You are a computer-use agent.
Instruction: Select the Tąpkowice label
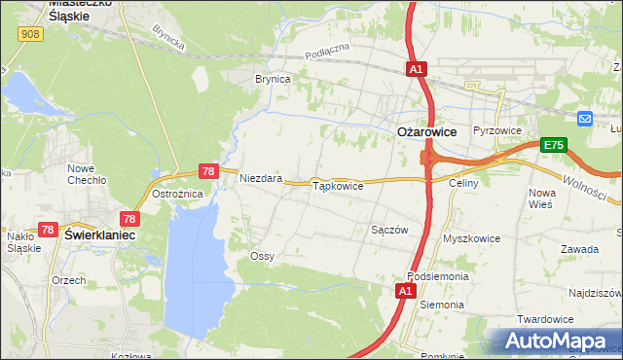point(337,185)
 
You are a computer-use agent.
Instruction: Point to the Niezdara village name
point(261,179)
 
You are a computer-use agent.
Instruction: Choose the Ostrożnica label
point(177,194)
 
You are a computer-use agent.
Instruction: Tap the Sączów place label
point(389,230)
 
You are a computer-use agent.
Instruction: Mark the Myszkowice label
point(471,238)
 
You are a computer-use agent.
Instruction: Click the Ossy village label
point(262,256)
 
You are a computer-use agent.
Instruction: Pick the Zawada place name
point(579,249)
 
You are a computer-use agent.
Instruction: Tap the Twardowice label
point(569,319)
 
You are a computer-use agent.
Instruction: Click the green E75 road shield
point(554,145)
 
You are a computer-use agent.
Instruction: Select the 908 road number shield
point(29,34)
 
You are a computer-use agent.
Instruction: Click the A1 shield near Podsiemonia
point(406,291)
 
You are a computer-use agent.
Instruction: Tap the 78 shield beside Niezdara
point(207,171)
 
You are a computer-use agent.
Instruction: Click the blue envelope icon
point(584,119)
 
